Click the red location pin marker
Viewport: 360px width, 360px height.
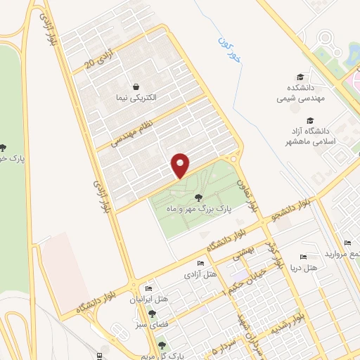point(181,165)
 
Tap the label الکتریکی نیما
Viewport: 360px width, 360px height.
point(134,96)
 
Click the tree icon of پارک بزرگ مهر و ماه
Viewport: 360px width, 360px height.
point(206,198)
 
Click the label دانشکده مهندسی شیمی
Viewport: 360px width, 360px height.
point(302,91)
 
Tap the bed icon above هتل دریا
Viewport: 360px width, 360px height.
point(303,257)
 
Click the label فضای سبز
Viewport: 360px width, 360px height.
point(152,325)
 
